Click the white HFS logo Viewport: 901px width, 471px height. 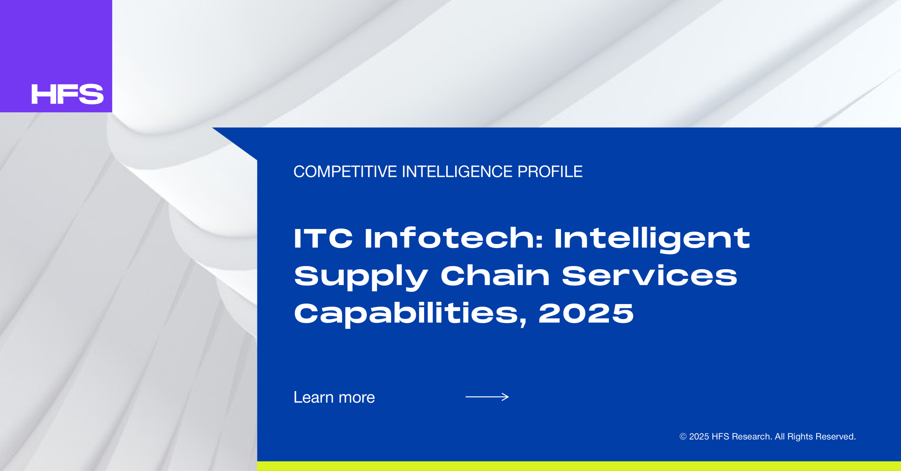pyautogui.click(x=67, y=94)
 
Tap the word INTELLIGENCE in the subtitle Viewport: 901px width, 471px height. pyautogui.click(x=457, y=172)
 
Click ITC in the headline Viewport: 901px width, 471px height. pyautogui.click(x=323, y=238)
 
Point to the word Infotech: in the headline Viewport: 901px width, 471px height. pyautogui.click(x=454, y=238)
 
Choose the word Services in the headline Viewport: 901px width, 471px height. pyautogui.click(x=649, y=276)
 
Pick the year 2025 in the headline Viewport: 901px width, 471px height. pyautogui.click(x=586, y=314)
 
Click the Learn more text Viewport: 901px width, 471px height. pyautogui.click(x=334, y=397)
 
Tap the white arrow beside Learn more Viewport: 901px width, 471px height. pyautogui.click(x=487, y=397)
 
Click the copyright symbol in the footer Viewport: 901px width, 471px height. pyautogui.click(x=683, y=437)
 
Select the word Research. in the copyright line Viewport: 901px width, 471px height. pyautogui.click(x=752, y=437)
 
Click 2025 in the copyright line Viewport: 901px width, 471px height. pyautogui.click(x=699, y=437)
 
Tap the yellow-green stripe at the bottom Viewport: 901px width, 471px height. pyautogui.click(x=579, y=466)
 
